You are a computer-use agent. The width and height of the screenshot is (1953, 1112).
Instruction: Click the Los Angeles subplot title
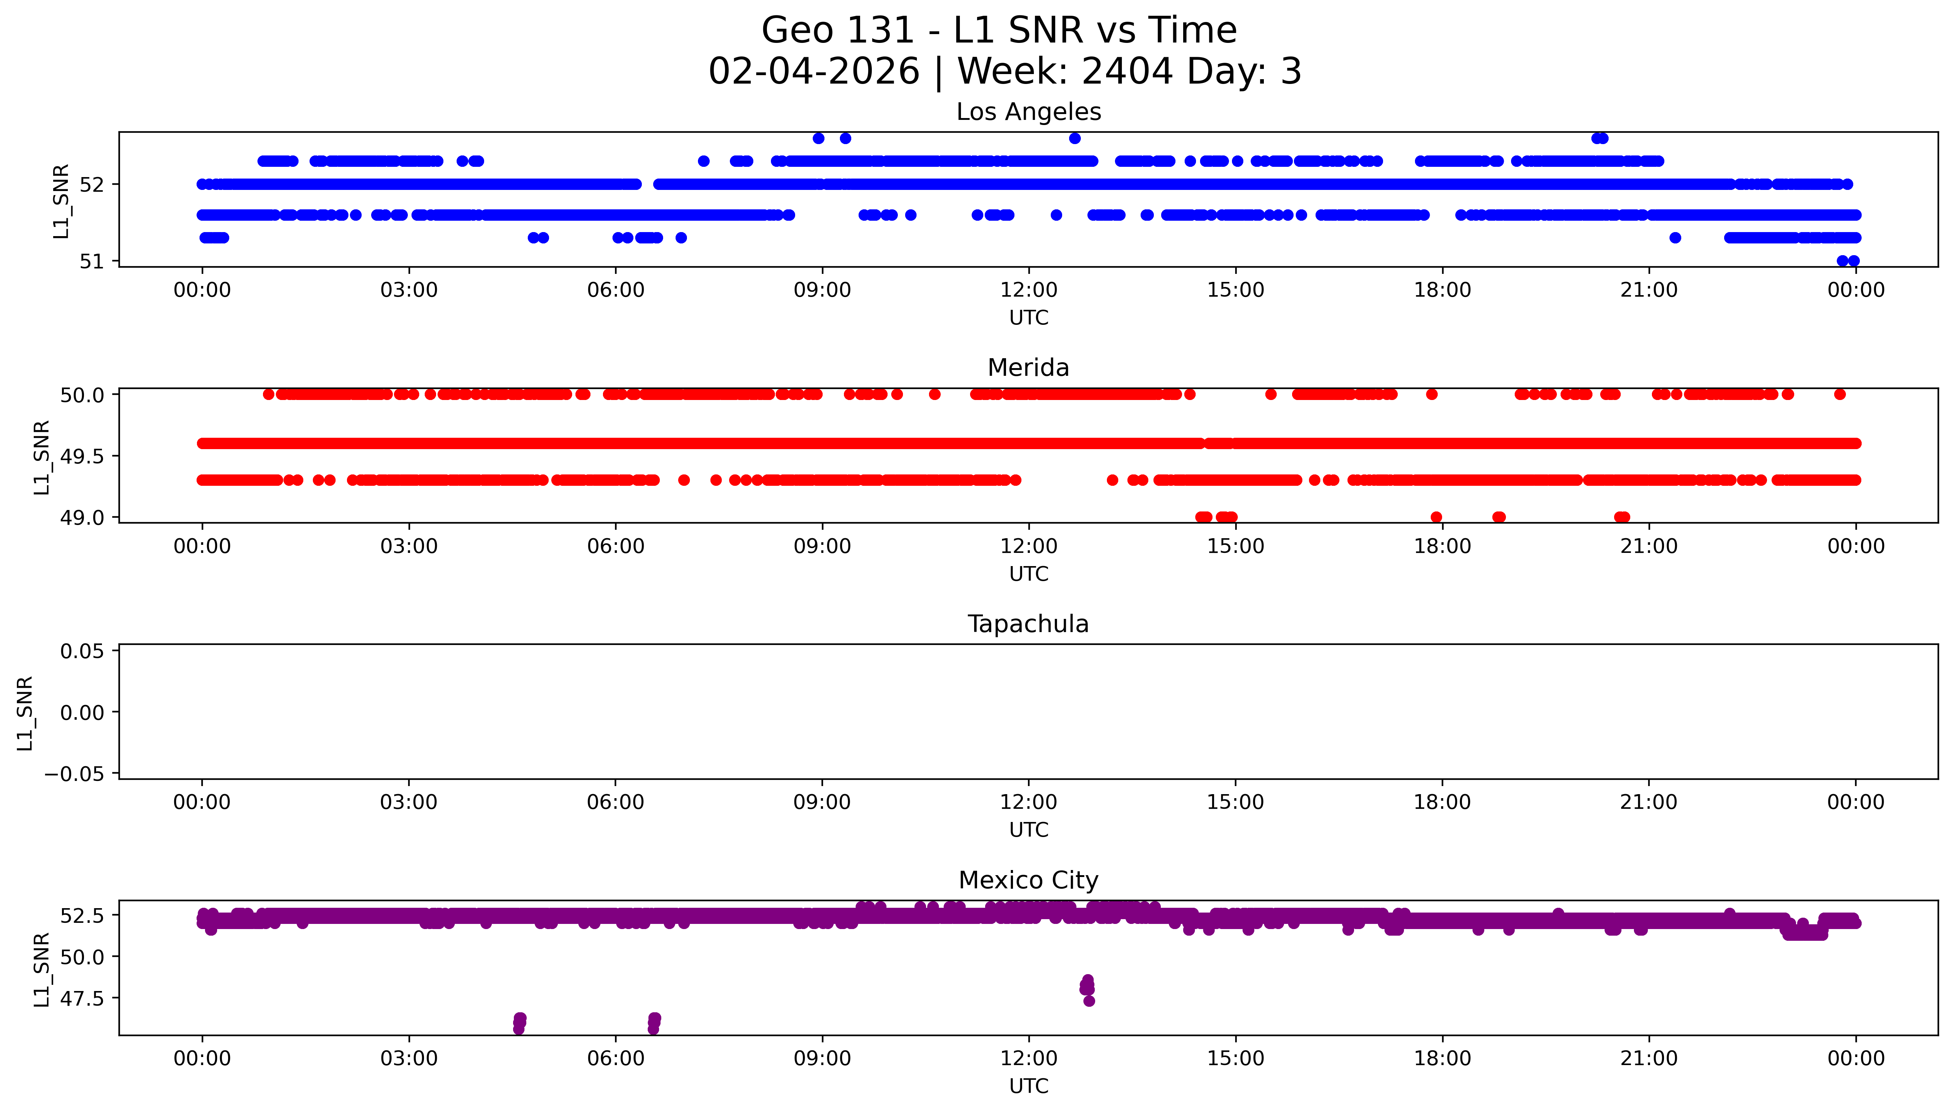tap(1028, 112)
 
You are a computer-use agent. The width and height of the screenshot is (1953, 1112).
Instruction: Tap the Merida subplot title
tap(1028, 368)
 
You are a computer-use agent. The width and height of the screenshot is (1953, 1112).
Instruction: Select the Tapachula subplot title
tap(1028, 624)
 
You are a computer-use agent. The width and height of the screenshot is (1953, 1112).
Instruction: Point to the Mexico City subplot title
tap(1028, 881)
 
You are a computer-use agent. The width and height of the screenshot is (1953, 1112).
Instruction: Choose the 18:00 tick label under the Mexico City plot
tap(1442, 1058)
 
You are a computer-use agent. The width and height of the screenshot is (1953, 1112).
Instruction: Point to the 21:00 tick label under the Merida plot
tap(1649, 546)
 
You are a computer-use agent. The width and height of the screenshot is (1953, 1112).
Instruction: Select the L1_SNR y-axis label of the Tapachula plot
tap(25, 713)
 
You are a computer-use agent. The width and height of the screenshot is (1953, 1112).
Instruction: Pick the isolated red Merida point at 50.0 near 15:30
tap(1270, 394)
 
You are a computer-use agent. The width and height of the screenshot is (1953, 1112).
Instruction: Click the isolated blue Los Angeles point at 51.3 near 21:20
tap(1675, 238)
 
